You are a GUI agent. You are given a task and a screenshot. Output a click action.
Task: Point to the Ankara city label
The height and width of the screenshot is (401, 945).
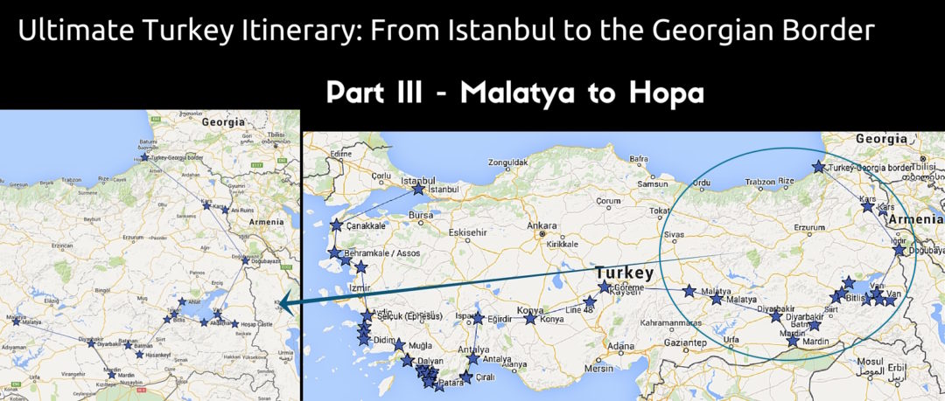pyautogui.click(x=542, y=225)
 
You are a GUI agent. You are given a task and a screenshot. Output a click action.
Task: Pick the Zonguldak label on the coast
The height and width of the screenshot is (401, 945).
pyautogui.click(x=509, y=162)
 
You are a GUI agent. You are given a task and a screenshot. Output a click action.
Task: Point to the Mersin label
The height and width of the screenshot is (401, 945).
pyautogui.click(x=599, y=368)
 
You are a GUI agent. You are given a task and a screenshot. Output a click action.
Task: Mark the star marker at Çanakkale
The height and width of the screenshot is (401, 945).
pyautogui.click(x=336, y=225)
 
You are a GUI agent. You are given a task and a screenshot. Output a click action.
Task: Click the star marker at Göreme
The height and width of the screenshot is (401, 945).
pyautogui.click(x=605, y=287)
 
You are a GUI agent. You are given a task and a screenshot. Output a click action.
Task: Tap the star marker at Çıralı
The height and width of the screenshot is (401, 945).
pyautogui.click(x=465, y=377)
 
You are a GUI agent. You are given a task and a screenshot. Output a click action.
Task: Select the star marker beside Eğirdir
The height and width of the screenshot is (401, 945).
pyautogui.click(x=478, y=318)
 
